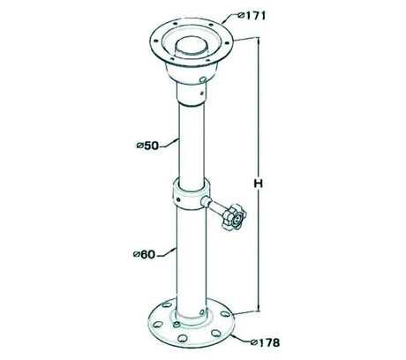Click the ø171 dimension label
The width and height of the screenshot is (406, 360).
click(x=252, y=15)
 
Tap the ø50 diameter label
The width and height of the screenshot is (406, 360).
click(x=147, y=146)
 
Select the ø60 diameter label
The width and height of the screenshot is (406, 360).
click(x=144, y=254)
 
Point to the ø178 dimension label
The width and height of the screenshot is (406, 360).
click(x=265, y=342)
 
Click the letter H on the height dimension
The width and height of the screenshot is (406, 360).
click(x=258, y=184)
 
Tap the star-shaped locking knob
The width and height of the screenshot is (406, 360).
click(x=235, y=218)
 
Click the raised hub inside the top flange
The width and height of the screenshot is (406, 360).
click(x=191, y=48)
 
